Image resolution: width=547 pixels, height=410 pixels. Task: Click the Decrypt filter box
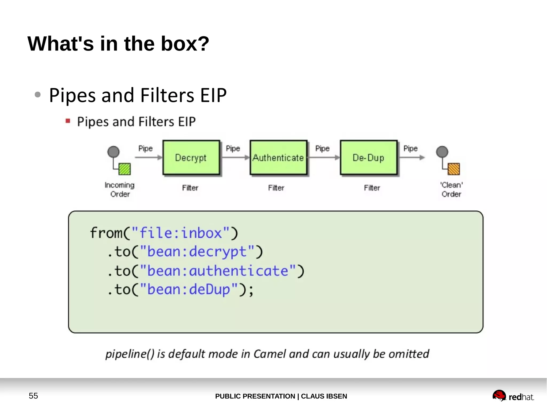pyautogui.click(x=191, y=158)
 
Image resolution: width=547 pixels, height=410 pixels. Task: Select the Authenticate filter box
pyautogui.click(x=278, y=158)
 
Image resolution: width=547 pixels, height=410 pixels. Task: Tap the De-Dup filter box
pyautogui.click(x=369, y=158)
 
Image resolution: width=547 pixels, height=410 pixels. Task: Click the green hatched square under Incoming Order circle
pyautogui.click(x=124, y=169)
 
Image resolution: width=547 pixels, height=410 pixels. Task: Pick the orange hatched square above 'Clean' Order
pyautogui.click(x=454, y=169)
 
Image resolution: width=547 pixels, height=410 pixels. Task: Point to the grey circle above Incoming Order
pyautogui.click(x=114, y=152)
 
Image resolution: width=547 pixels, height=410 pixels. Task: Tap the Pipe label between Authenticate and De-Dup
pyautogui.click(x=322, y=149)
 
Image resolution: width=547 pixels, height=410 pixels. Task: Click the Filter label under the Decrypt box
pyautogui.click(x=190, y=188)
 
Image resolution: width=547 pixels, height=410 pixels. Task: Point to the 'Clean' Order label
pyautogui.click(x=451, y=189)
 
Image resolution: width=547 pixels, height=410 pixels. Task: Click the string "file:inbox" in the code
pyautogui.click(x=181, y=233)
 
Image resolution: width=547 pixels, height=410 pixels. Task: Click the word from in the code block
pyautogui.click(x=106, y=233)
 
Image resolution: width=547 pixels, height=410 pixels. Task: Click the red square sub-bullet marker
pyautogui.click(x=68, y=121)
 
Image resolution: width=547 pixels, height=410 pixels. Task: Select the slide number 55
pyautogui.click(x=33, y=396)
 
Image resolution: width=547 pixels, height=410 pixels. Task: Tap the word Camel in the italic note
pyautogui.click(x=270, y=354)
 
